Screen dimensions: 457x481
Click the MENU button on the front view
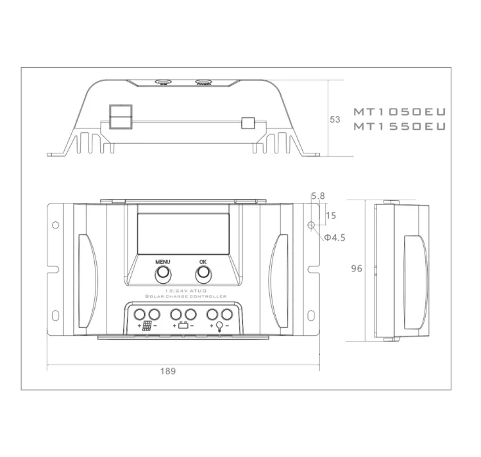click(x=163, y=273)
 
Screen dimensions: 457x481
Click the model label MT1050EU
click(x=399, y=112)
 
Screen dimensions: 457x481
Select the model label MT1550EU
click(x=399, y=127)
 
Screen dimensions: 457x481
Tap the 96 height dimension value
click(x=357, y=269)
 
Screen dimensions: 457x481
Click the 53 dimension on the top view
click(x=334, y=119)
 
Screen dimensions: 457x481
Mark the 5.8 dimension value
click(x=318, y=196)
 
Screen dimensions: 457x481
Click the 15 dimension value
click(x=331, y=216)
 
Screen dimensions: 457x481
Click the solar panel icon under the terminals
click(x=148, y=326)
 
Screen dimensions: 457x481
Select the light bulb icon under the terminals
click(x=219, y=326)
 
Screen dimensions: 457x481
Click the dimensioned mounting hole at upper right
click(x=311, y=225)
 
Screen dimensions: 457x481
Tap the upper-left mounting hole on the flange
click(x=55, y=225)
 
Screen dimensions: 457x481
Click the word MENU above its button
click(x=163, y=262)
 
